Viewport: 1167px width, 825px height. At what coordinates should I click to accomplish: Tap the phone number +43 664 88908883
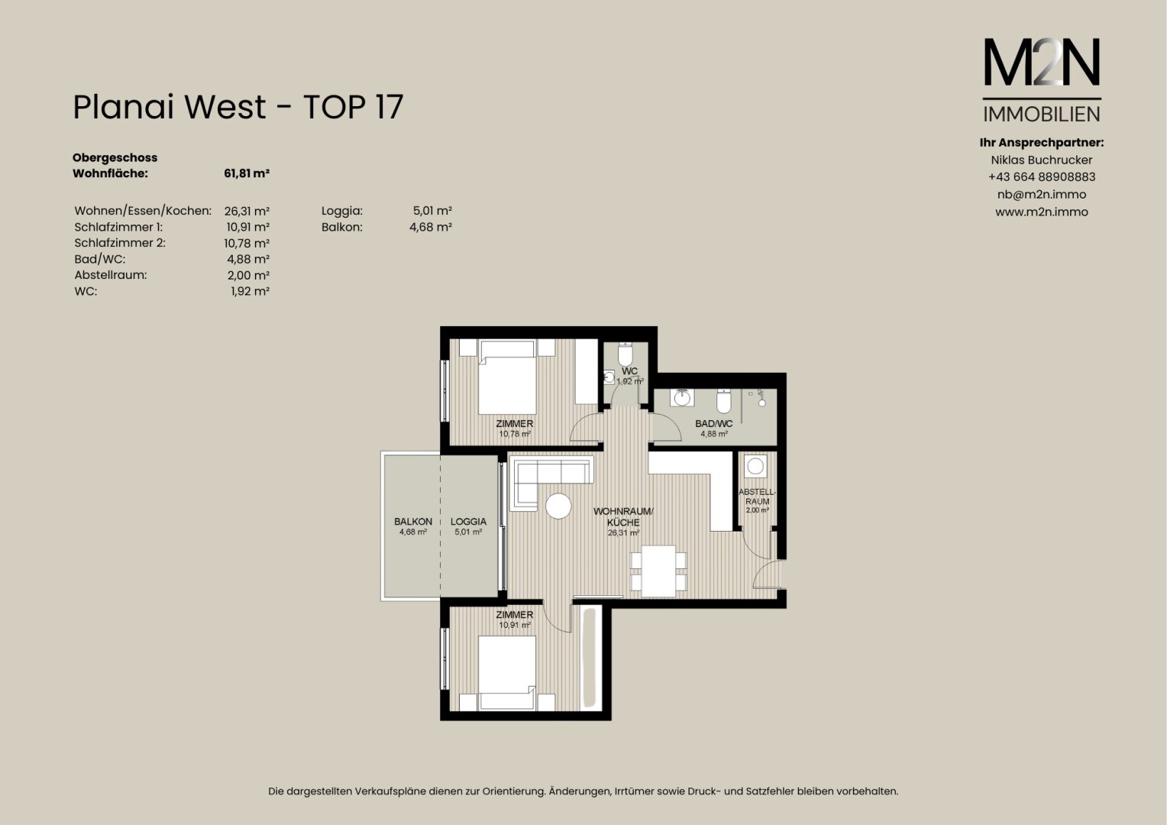coord(1042,177)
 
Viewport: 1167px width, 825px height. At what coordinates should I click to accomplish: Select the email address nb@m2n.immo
coord(1042,194)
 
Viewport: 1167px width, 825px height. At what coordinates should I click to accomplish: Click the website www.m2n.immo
coord(1042,212)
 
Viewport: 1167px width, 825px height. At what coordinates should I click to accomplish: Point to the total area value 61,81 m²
coord(247,173)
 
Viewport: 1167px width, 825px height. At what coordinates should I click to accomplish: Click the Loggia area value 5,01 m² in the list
coord(432,211)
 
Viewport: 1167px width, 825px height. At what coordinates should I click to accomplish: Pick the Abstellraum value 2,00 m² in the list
coord(248,275)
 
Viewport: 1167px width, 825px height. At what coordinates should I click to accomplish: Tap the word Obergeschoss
coord(115,157)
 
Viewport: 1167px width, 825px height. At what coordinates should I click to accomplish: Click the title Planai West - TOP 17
coord(238,108)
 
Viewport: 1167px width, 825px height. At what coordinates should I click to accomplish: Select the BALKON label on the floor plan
coord(413,522)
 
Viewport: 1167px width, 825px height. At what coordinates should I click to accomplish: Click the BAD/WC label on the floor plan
coord(714,424)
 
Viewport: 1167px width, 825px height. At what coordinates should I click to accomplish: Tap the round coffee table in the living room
coord(558,506)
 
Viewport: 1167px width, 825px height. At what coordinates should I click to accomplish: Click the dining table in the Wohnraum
coord(658,571)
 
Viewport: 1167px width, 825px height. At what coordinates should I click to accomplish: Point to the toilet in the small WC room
coord(626,354)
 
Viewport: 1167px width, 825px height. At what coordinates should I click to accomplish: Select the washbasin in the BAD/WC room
coord(682,398)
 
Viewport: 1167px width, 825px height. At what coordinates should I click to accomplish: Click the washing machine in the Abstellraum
coord(755,466)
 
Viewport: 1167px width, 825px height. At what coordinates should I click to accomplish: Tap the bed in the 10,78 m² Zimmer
coord(507,377)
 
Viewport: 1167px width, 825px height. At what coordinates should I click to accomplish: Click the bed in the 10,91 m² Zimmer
coord(507,673)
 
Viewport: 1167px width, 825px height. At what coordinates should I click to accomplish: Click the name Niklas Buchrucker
coord(1042,160)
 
